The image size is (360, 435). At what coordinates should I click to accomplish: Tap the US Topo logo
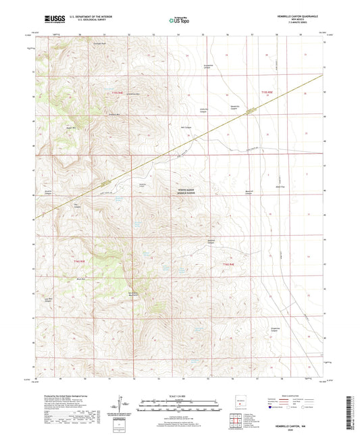pos(179,21)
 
